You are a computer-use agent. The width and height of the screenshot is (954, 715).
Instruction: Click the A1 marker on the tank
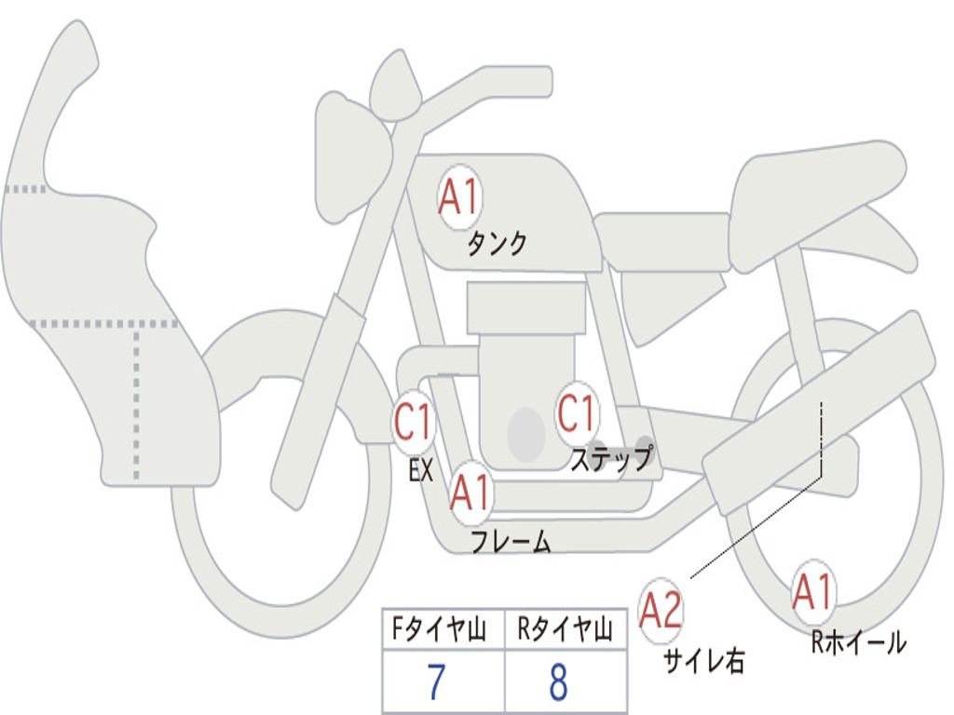[458, 196]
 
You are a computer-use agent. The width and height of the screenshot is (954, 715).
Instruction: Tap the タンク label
[497, 244]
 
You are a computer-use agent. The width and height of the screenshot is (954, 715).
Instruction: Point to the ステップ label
[610, 459]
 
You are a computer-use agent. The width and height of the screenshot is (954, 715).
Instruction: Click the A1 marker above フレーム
[470, 492]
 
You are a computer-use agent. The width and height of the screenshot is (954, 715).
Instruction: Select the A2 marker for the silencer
[661, 611]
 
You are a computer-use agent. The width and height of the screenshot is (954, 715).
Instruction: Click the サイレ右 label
[703, 660]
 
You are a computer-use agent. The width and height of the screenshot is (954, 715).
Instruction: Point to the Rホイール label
[858, 641]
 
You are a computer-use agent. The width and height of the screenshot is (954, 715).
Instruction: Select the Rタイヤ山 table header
[565, 631]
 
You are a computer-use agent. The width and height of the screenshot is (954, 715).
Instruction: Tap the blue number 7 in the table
[435, 683]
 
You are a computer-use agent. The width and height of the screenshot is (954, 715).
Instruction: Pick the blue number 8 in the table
[558, 683]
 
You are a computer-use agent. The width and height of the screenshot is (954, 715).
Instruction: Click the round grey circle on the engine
[526, 434]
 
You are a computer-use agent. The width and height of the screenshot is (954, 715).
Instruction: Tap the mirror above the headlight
[395, 87]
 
